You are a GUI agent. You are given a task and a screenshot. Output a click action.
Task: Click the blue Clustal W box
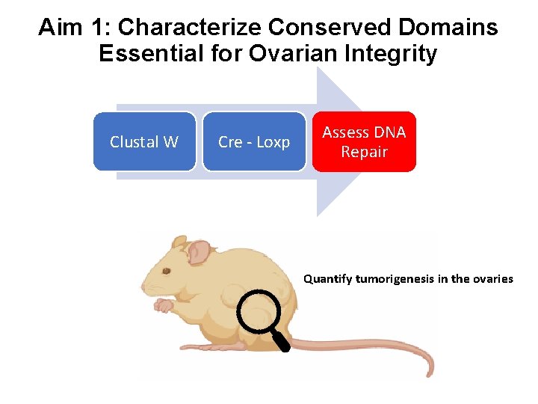(144, 141)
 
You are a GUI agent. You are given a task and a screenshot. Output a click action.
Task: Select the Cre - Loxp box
(254, 141)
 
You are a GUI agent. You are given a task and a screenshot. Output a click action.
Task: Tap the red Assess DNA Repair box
(364, 141)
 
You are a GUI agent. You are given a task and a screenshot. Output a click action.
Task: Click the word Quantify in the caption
(327, 279)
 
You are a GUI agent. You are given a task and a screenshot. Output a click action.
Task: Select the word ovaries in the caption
(492, 279)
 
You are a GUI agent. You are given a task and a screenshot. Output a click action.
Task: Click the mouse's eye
(167, 271)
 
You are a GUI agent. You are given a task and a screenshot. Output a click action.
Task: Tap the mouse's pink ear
(198, 252)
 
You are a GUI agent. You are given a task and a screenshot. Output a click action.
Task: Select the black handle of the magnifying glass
(282, 342)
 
